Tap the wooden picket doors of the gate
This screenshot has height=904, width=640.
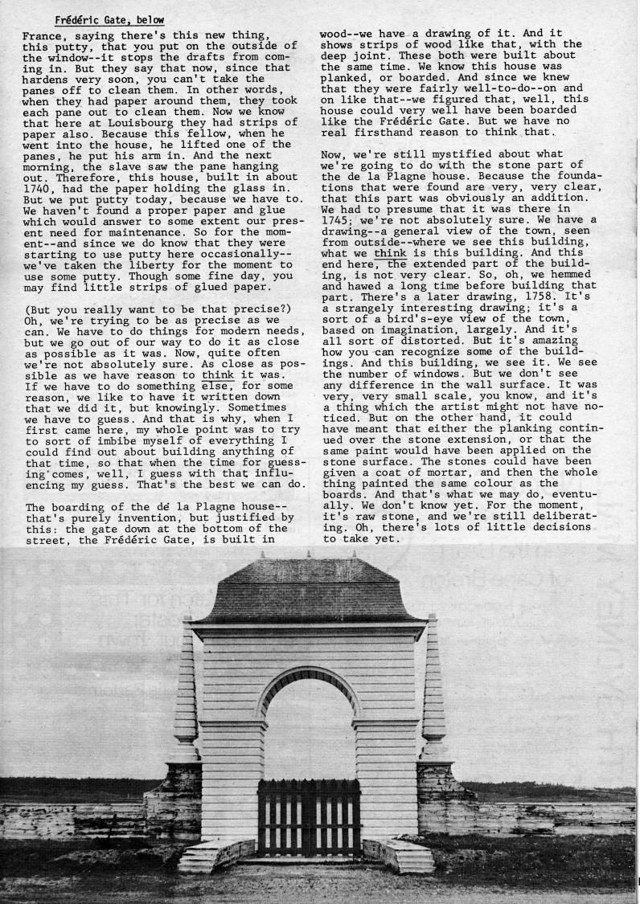[310, 816]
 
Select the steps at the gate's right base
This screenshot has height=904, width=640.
[400, 856]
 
